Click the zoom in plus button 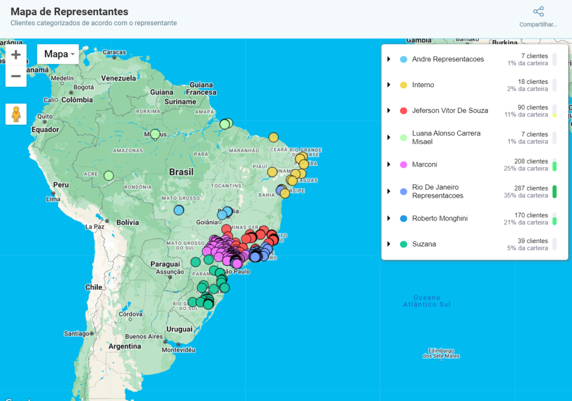[x=16, y=55]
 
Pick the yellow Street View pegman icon [x=16, y=114]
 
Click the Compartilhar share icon [x=538, y=12]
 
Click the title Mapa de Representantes [x=69, y=12]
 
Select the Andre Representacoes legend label [x=447, y=59]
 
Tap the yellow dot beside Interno [x=403, y=85]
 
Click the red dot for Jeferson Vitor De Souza [x=403, y=111]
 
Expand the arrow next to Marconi [x=388, y=165]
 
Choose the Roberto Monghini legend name [x=440, y=218]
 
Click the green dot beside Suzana [x=403, y=244]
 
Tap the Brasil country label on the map [x=182, y=172]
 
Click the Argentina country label [x=125, y=346]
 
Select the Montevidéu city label [x=178, y=350]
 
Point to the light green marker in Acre [x=108, y=176]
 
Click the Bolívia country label [x=127, y=222]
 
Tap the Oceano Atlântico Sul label [x=427, y=301]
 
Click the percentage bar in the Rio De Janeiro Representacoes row [x=554, y=192]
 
